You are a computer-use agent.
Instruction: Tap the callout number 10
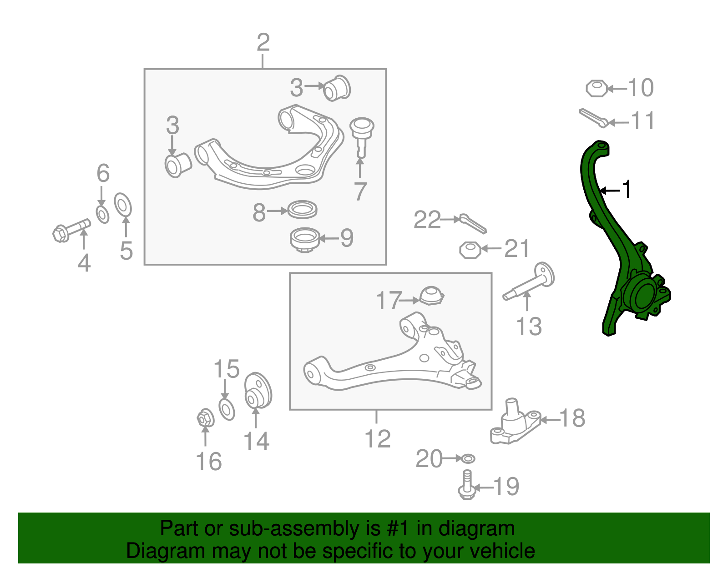coord(640,88)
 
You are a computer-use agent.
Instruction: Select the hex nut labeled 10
coord(597,89)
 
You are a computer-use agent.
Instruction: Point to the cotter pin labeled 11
coord(593,118)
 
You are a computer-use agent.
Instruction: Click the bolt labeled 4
coord(72,230)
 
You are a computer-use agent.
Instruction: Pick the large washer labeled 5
coord(122,205)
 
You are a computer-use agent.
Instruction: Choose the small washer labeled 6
coord(102,215)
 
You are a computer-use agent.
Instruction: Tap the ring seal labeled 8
coord(303,210)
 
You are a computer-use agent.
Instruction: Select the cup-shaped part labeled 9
coord(304,240)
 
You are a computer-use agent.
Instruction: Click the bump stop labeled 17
coord(432,296)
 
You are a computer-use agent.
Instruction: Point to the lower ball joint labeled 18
coord(515,422)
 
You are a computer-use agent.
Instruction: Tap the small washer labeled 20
coord(468,458)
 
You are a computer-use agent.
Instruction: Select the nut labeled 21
coord(470,250)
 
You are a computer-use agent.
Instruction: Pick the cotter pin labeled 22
coord(473,224)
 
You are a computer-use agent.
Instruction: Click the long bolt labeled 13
coord(529,282)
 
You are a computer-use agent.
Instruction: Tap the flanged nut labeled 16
coord(205,418)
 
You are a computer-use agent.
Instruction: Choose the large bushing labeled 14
coord(258,391)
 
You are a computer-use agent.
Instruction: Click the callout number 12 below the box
coord(378,439)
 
